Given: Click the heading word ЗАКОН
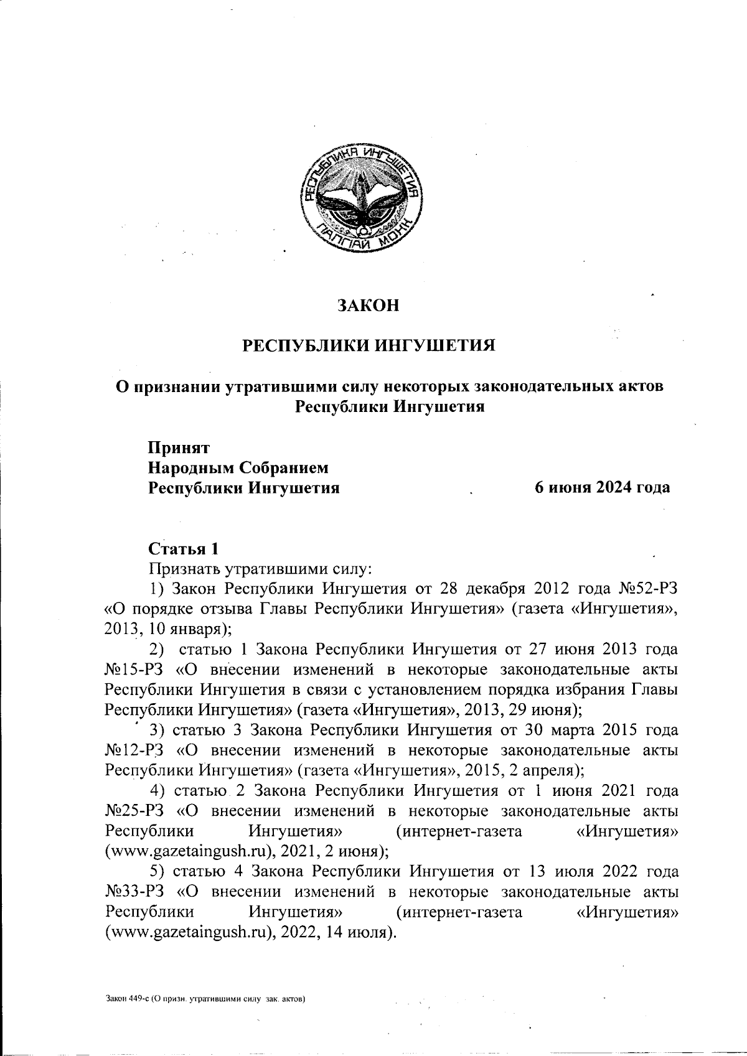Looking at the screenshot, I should [367, 306].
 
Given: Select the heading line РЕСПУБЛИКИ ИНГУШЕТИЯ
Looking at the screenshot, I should [369, 345].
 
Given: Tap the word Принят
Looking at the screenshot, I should [178, 447].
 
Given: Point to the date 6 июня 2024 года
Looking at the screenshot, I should [603, 487].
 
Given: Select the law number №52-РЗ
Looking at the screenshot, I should [647, 588].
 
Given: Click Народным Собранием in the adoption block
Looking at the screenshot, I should [238, 467].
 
